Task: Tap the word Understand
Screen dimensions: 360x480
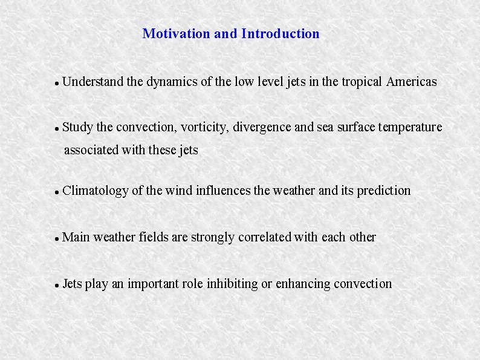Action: click(x=92, y=82)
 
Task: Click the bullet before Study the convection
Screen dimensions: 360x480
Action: click(x=56, y=129)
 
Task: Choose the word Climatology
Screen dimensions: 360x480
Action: click(x=96, y=191)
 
